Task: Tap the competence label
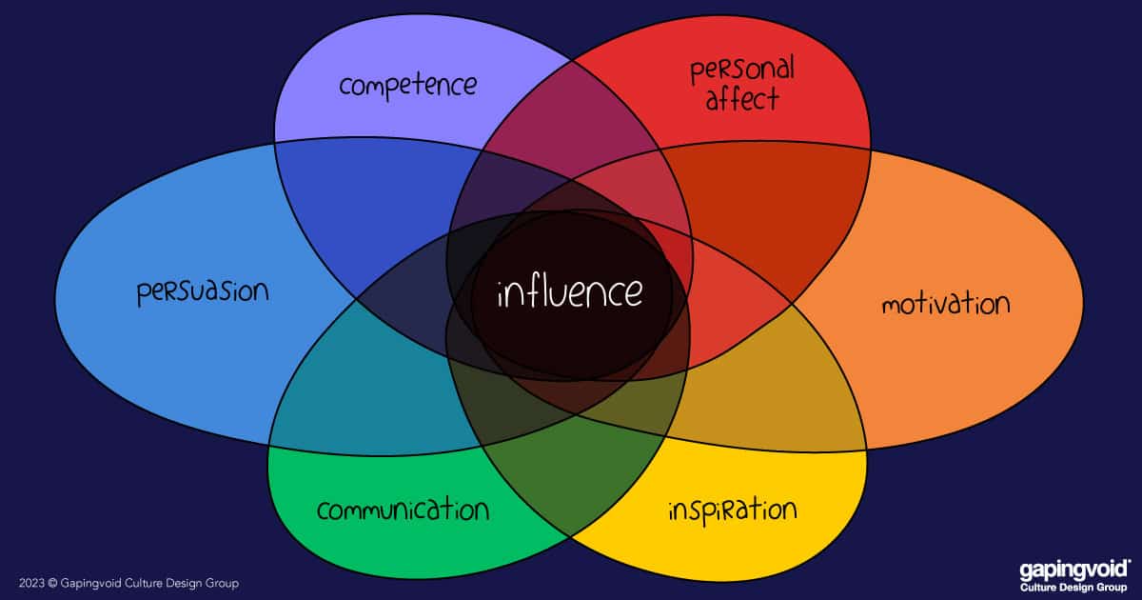pyautogui.click(x=407, y=85)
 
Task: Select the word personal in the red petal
pyautogui.click(x=742, y=70)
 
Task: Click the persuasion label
pyautogui.click(x=203, y=291)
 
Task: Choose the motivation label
pyautogui.click(x=944, y=305)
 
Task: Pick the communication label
pyautogui.click(x=403, y=510)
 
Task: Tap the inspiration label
pyautogui.click(x=731, y=509)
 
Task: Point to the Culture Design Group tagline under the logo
pyautogui.click(x=1073, y=587)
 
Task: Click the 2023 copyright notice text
pyautogui.click(x=128, y=583)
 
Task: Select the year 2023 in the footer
pyautogui.click(x=31, y=583)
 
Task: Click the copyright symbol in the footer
pyautogui.click(x=53, y=583)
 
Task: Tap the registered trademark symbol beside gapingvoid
pyautogui.click(x=1129, y=563)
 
